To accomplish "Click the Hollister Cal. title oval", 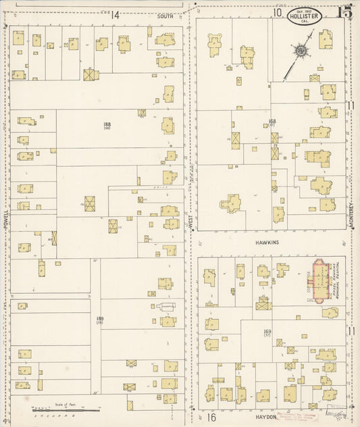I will (304, 16).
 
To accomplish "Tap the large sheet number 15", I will (344, 11).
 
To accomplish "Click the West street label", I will (191, 222).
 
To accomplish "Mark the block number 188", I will (107, 124).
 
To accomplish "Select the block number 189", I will (99, 318).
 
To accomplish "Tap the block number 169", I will (267, 331).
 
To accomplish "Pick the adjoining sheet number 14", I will (115, 14).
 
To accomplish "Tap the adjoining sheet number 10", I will (277, 12).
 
